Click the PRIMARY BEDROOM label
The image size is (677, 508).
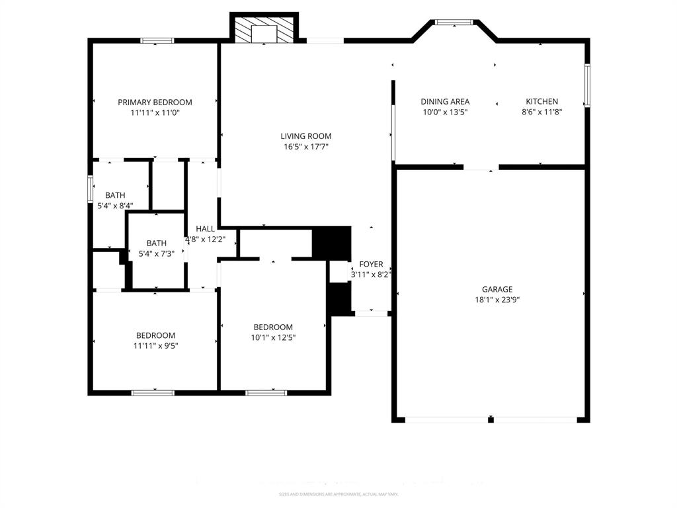coord(155,102)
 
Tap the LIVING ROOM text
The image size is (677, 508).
coord(305,136)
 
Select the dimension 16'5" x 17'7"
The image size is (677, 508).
coord(305,147)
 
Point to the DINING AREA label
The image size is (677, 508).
coord(445,101)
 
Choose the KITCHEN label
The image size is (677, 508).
coord(541,101)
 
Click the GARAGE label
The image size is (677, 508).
coord(497,289)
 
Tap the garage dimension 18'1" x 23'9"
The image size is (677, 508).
coord(497,300)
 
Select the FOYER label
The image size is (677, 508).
coord(371,264)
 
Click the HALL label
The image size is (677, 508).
coord(205,228)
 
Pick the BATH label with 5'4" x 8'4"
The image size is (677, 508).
coord(115,195)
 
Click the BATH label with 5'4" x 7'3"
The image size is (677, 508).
coord(157,243)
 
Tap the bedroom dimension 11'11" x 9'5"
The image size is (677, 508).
coord(155,345)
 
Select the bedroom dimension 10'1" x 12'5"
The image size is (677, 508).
coord(273,337)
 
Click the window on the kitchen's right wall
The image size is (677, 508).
coord(586,85)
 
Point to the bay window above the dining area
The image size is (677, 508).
coord(454,22)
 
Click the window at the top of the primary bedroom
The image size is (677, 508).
coord(157,41)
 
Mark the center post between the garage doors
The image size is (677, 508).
coord(491,419)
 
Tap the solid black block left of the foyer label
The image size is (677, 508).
coord(331,243)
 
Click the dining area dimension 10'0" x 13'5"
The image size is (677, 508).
coord(445,112)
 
